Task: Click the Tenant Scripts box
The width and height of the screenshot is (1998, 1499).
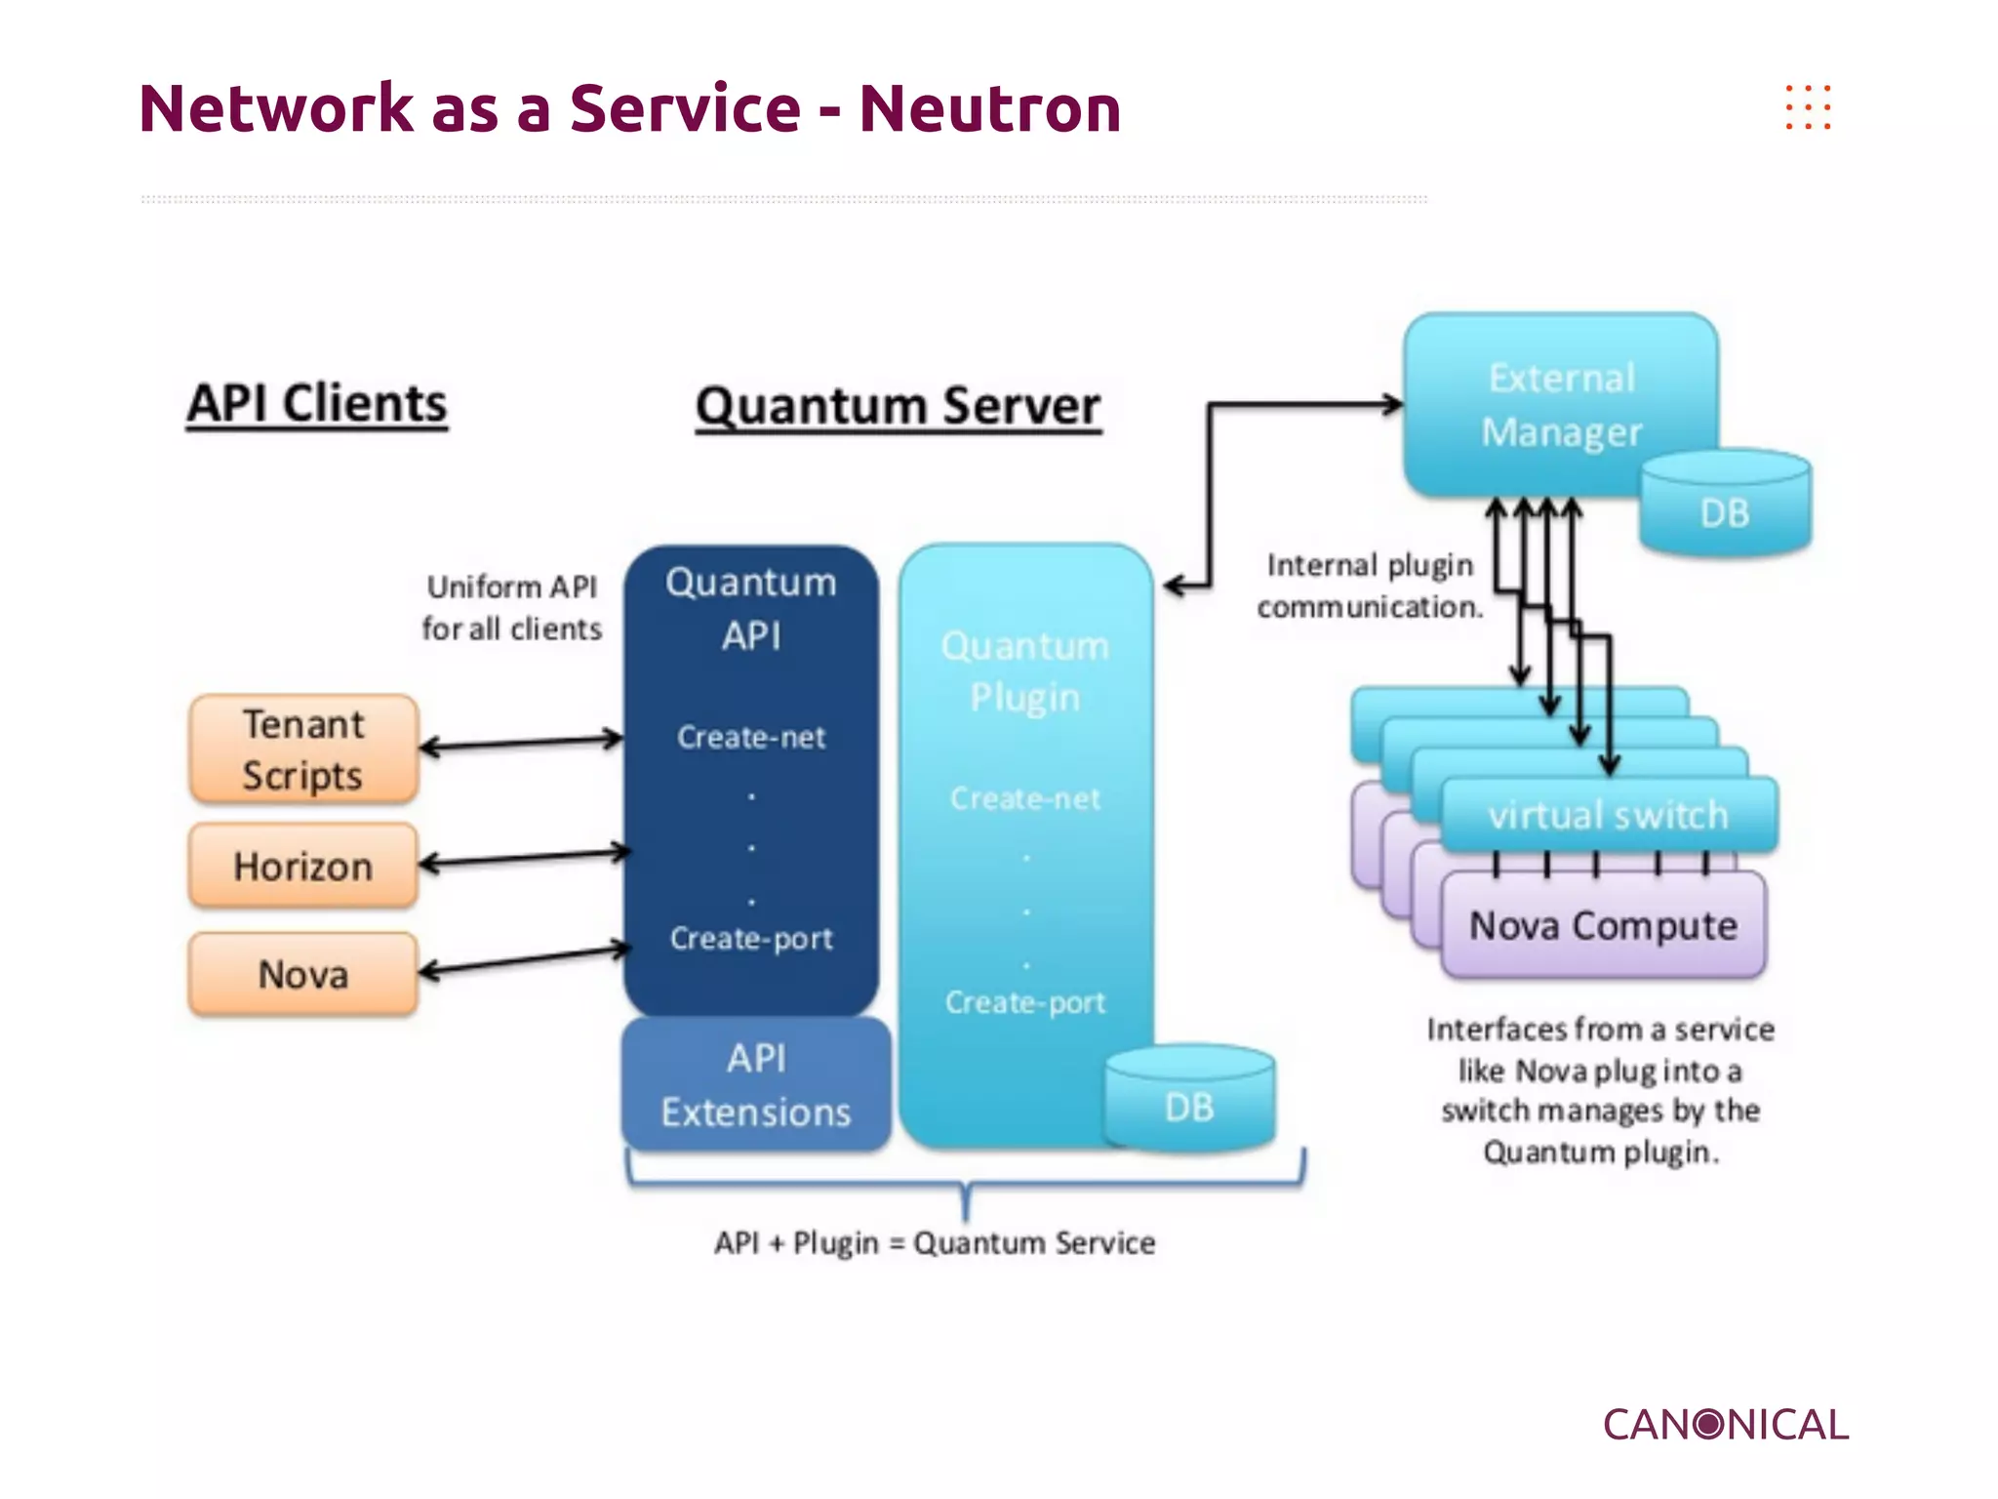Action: click(303, 749)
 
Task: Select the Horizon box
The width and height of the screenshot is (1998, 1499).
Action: click(303, 866)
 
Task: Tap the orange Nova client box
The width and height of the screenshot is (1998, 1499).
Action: click(303, 974)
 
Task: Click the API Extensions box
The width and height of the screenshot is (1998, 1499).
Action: click(756, 1084)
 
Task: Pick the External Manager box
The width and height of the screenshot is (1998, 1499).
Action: click(1560, 404)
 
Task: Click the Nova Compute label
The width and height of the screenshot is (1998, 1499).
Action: click(1603, 925)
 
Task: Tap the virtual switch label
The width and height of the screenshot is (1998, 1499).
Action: click(1608, 815)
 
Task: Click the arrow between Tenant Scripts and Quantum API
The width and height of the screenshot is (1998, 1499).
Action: click(521, 743)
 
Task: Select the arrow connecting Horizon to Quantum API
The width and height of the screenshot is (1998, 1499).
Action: click(525, 858)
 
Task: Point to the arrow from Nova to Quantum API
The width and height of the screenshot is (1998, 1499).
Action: click(525, 958)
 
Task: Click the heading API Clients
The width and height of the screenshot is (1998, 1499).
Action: click(317, 403)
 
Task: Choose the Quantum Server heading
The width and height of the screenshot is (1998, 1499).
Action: click(898, 406)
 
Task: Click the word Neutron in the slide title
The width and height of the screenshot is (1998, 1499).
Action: click(989, 108)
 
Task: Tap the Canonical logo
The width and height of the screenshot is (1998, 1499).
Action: click(1725, 1425)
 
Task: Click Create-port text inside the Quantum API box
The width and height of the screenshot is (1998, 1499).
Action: click(751, 939)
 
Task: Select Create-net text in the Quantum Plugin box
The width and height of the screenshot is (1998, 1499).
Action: click(1024, 799)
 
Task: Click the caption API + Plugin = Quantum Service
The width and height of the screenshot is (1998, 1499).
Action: click(935, 1243)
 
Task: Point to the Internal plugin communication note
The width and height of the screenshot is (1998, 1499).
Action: click(1370, 586)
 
